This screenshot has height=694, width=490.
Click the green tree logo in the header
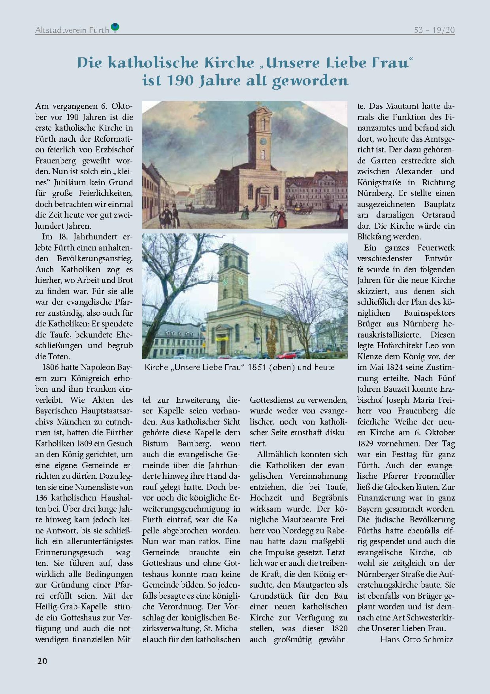[x=115, y=28]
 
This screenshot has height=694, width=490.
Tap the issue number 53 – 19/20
[x=434, y=30]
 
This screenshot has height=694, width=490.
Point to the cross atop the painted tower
[x=258, y=104]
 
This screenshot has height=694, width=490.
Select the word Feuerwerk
[x=436, y=247]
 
